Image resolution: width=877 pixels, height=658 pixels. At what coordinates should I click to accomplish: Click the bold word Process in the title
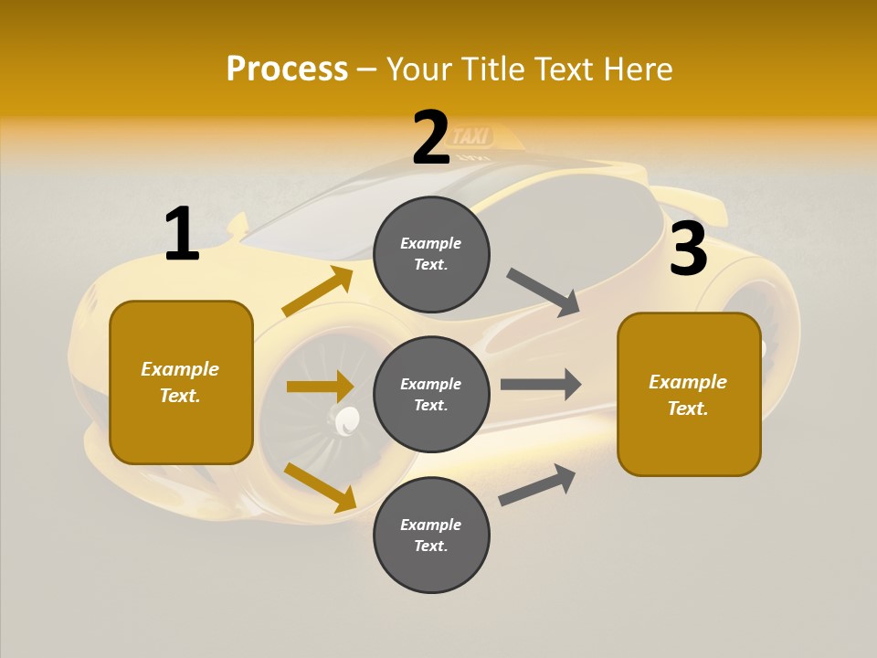coord(287,69)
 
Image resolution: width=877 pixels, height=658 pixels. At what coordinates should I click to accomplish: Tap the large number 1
coord(182,235)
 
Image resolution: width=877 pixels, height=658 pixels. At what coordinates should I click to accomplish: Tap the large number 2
coord(431,138)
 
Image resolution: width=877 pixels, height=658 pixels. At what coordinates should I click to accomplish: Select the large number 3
coord(688,249)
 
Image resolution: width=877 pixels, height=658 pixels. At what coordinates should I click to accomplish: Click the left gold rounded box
coord(181,382)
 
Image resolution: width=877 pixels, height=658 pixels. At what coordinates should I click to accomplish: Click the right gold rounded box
coord(689,394)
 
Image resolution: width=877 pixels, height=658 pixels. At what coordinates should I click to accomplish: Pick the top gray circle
coord(431,254)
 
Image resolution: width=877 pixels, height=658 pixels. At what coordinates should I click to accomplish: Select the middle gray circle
coord(431,394)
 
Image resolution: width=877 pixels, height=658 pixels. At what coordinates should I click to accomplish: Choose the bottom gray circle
coord(431,535)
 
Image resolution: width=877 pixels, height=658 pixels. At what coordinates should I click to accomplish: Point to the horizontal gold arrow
coord(320,387)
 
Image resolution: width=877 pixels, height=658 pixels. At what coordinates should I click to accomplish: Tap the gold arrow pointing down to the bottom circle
coord(320,486)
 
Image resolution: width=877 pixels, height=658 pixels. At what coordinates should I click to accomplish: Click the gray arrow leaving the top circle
coord(543,292)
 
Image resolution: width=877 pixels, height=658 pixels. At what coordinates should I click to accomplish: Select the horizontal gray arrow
coord(541,384)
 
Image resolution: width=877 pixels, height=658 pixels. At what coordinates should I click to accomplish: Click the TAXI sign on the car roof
coord(472,137)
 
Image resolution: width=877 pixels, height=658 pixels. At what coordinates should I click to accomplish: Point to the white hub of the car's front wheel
coord(348,420)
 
